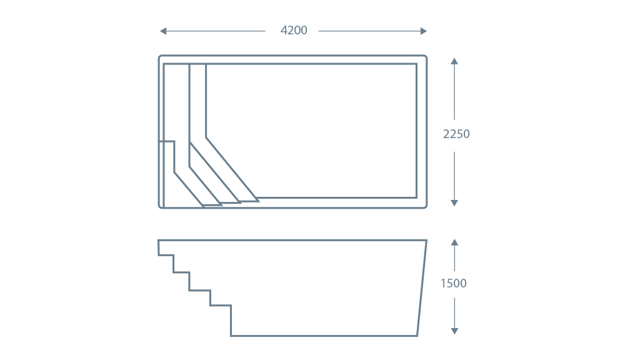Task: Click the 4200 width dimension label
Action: [294, 30]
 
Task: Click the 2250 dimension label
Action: [456, 134]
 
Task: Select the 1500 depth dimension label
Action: [454, 283]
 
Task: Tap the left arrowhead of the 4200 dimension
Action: [163, 31]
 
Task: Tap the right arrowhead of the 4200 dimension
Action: [424, 31]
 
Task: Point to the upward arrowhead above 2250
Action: [454, 61]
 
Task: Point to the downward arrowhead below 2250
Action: [454, 203]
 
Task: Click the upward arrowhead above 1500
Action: [454, 242]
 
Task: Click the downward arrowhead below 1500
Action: [454, 331]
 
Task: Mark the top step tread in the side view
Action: [166, 255]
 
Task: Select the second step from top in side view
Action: [181, 272]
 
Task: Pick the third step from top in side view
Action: [199, 290]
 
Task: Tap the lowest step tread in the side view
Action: [221, 305]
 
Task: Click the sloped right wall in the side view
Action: [422, 288]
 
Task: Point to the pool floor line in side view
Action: [324, 336]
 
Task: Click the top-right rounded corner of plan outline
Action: [425, 57]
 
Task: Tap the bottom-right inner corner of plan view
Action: [416, 197]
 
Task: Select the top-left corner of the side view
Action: [159, 241]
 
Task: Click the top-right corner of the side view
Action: [426, 241]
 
